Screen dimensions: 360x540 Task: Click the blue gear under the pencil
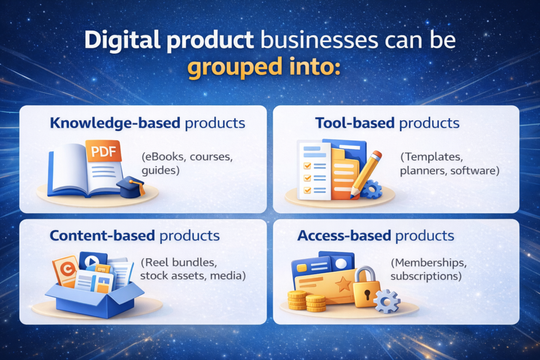click(x=372, y=189)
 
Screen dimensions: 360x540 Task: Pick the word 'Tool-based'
click(x=355, y=123)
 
